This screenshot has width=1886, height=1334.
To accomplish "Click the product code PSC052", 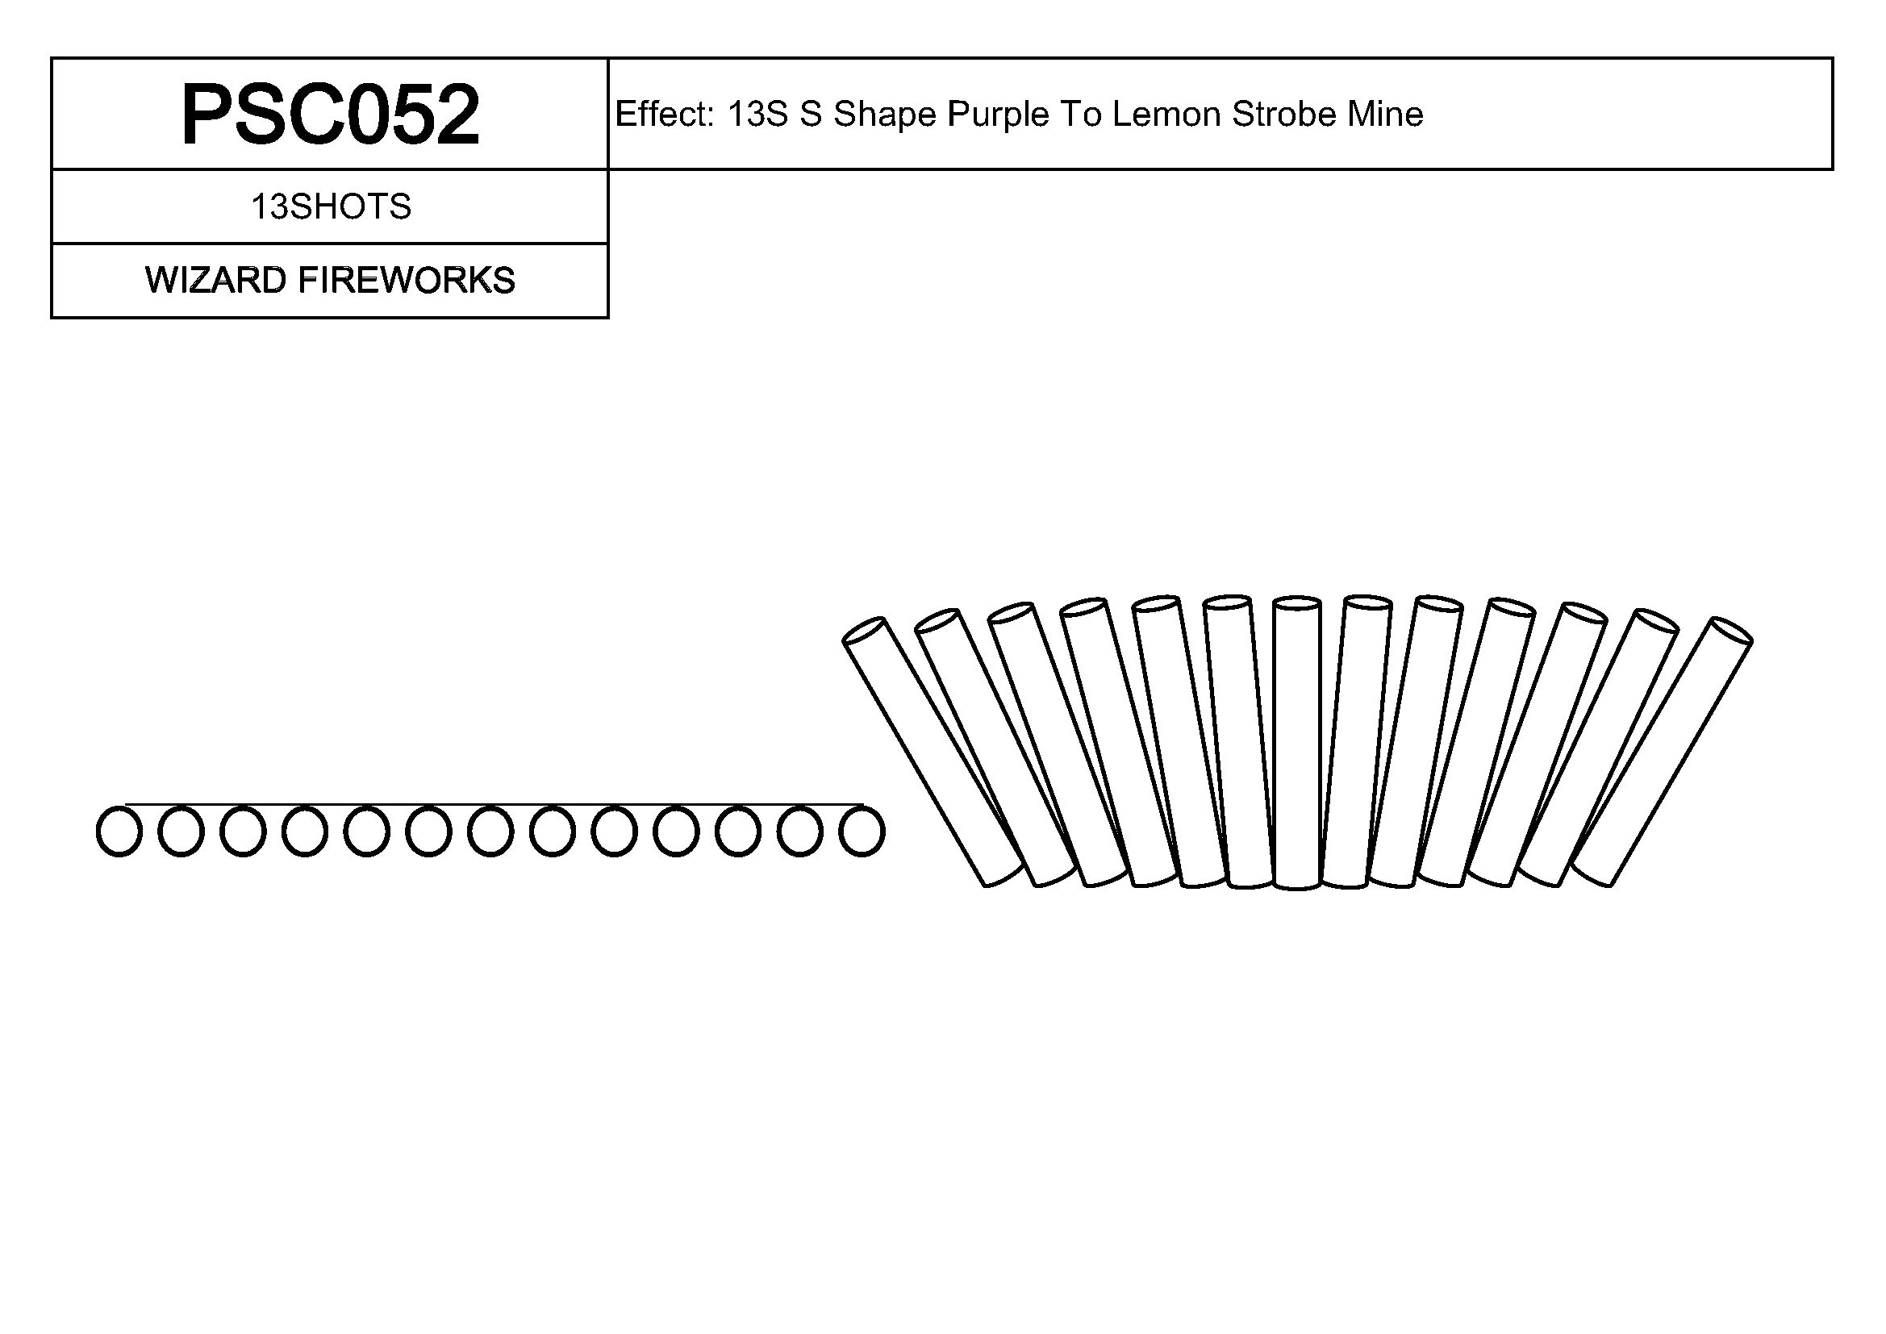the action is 330,115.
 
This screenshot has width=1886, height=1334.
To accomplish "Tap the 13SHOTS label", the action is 330,207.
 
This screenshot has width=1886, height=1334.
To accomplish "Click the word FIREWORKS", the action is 407,281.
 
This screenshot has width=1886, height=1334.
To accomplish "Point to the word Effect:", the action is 665,115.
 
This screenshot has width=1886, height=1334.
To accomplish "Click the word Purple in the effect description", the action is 999,115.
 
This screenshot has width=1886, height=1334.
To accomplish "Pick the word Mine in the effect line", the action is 1385,115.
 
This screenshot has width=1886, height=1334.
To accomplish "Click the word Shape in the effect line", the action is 885,115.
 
